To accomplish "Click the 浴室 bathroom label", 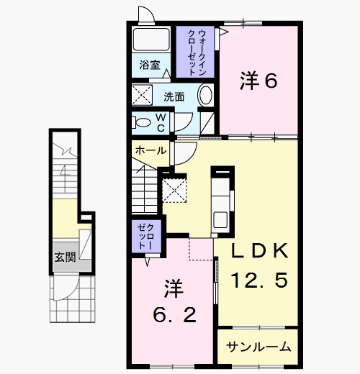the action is point(150,65).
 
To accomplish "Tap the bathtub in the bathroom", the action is point(151,40).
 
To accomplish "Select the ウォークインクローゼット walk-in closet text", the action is point(195,53).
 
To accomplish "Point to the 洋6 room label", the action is point(258,81).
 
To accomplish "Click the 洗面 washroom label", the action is point(174,97).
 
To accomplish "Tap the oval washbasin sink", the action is point(205,94).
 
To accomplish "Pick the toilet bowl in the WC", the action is point(142,122).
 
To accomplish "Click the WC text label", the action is point(161,123).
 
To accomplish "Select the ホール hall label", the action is point(150,150).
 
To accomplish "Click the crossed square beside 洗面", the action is point(142,95).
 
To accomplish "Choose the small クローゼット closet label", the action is point(146,236).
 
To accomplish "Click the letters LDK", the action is point(260,251).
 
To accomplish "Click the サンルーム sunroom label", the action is point(258,347).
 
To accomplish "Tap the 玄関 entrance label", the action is point(66,257).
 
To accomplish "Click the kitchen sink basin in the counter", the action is point(220,220).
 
